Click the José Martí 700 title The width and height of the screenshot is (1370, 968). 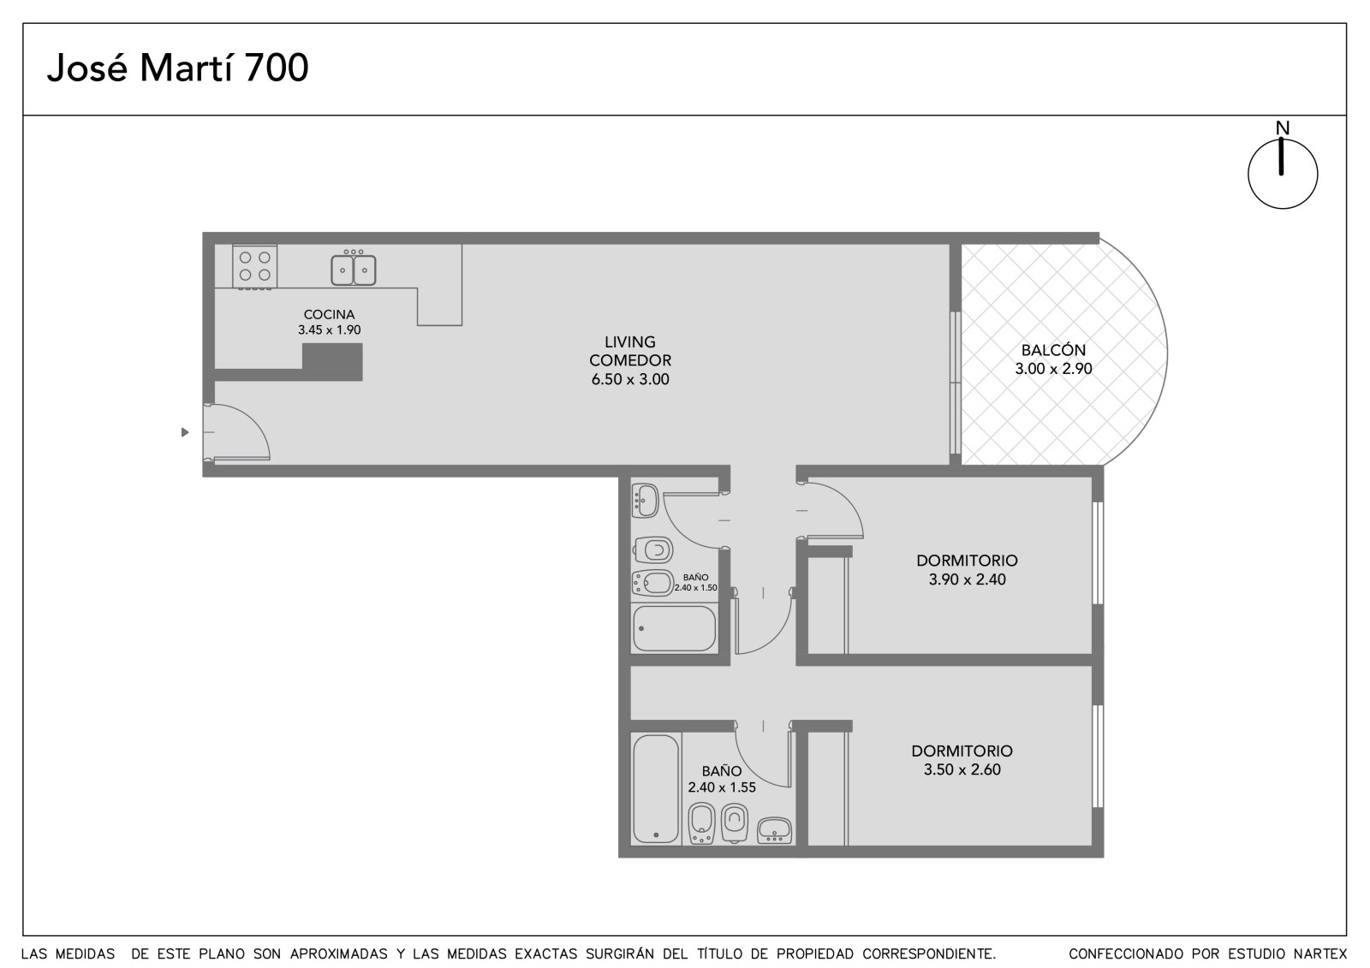[177, 68]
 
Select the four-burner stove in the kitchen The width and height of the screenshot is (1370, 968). [254, 267]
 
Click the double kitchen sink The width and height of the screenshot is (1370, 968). [354, 269]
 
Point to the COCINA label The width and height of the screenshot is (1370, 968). [329, 314]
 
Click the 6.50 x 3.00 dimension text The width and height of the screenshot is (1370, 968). [630, 379]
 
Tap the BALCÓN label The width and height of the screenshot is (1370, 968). [1053, 350]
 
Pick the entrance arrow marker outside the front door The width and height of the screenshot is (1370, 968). [185, 432]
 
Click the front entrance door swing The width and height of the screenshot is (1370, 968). [236, 431]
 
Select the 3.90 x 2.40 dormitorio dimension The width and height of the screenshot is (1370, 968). [967, 579]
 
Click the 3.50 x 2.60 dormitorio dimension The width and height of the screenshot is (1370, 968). [962, 769]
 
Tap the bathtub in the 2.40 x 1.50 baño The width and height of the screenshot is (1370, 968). [674, 628]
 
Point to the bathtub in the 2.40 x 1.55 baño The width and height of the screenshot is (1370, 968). [656, 789]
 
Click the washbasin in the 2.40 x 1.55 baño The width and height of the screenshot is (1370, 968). [774, 831]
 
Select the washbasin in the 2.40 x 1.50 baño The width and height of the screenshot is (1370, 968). [645, 501]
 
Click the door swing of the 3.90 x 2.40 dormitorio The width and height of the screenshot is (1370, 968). [835, 511]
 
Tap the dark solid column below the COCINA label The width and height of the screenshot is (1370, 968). [332, 362]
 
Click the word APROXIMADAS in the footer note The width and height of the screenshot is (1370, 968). [338, 953]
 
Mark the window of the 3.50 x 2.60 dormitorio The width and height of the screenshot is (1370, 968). [1097, 756]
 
